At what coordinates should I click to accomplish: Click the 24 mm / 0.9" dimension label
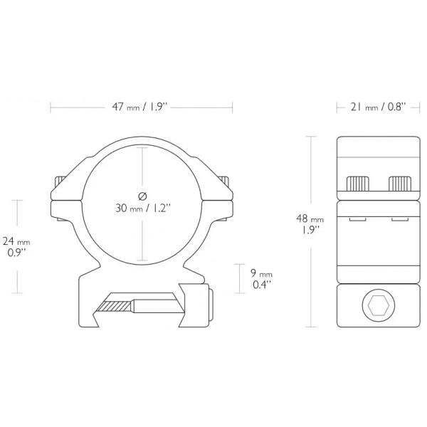(x=33, y=246)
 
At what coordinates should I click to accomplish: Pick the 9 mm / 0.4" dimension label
(x=263, y=279)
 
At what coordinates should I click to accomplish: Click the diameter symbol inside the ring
(x=142, y=195)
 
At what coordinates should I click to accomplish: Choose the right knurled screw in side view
(x=400, y=184)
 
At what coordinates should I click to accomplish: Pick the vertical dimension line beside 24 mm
(x=16, y=246)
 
